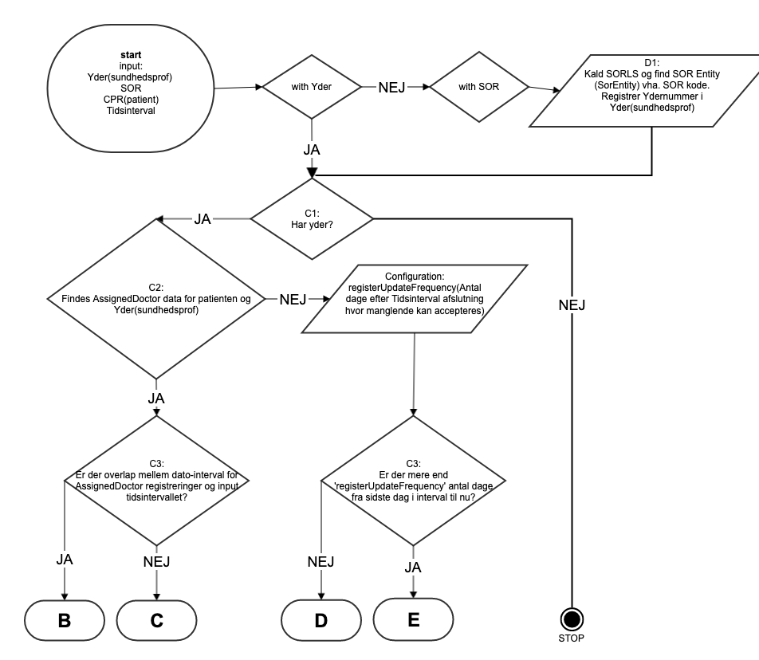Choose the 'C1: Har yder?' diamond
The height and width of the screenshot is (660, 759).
[x=312, y=218]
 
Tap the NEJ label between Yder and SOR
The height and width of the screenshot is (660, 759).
[x=394, y=88]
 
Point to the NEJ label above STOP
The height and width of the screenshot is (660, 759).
[x=571, y=306]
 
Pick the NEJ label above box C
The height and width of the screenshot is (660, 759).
[x=156, y=562]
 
